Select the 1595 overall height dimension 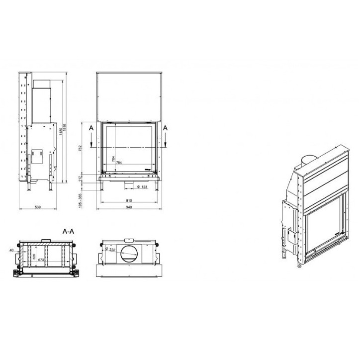[x=65, y=132]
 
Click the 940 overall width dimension [x=129, y=206]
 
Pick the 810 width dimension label [x=129, y=200]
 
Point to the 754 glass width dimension [x=119, y=163]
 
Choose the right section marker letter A [x=166, y=128]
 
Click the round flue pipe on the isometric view [x=309, y=160]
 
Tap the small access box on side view [x=36, y=154]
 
